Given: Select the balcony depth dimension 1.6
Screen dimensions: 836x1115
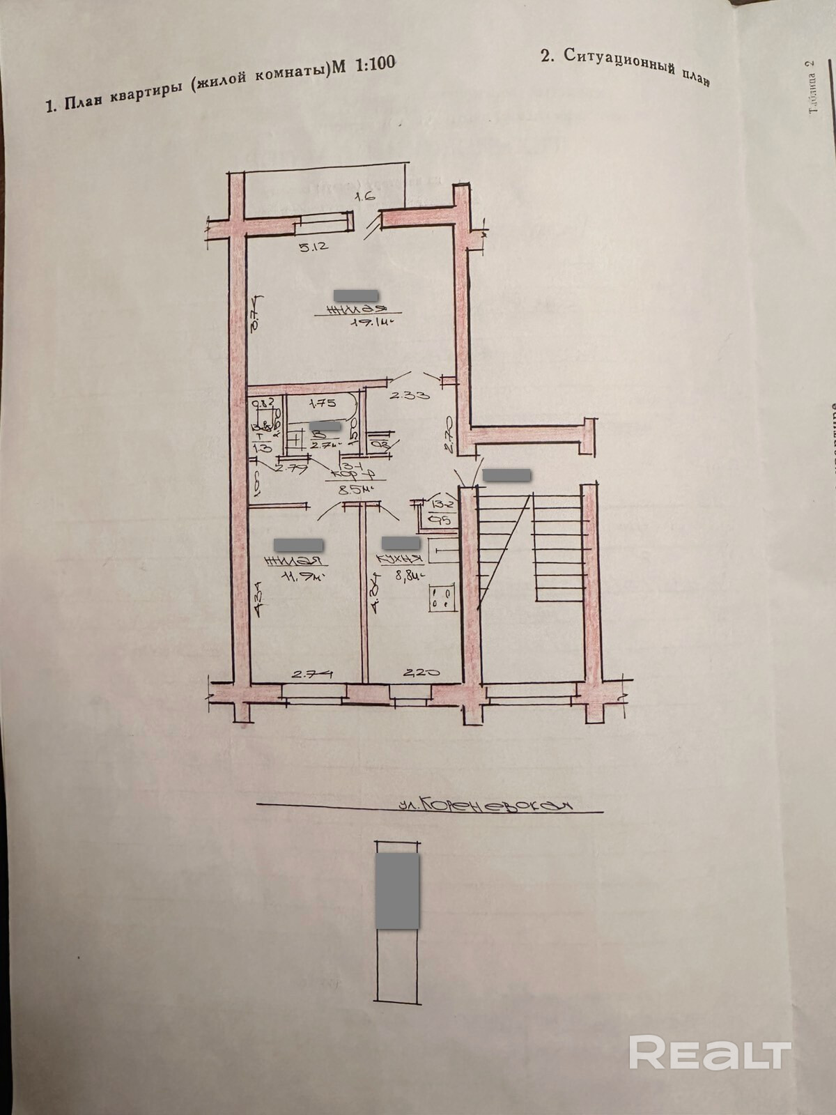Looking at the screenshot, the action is coord(366,197).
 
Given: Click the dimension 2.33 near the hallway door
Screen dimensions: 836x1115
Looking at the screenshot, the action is coord(409,395).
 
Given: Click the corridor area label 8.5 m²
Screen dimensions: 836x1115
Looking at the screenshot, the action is coord(353,489).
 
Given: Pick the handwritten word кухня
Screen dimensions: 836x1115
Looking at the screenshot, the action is coord(399,560).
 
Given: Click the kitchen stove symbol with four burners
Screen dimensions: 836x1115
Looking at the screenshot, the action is coord(442,597).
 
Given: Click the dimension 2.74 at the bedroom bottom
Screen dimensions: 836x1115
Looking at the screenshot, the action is coord(311,674).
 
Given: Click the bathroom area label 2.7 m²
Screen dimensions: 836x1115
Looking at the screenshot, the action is coord(325,444).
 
